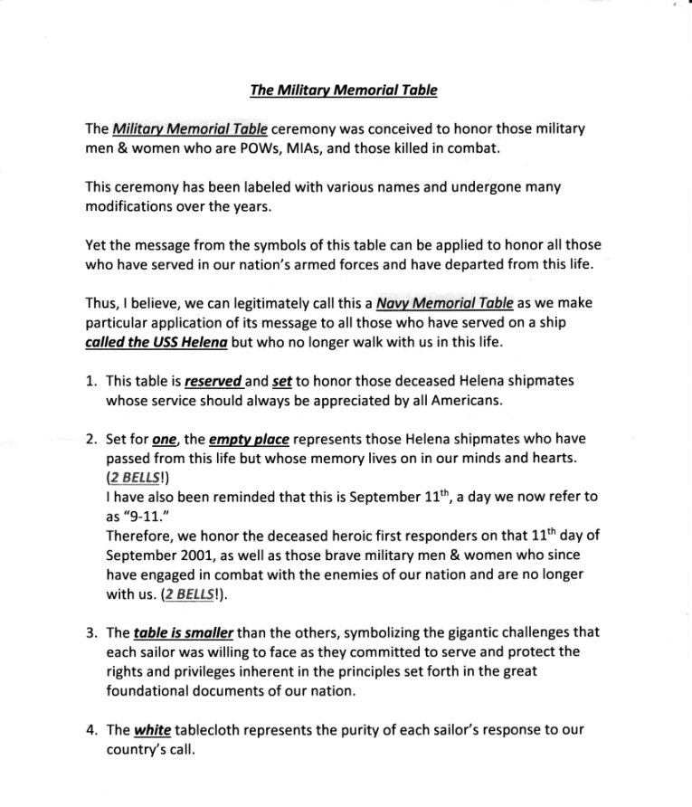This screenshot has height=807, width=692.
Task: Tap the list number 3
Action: pos(91,634)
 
